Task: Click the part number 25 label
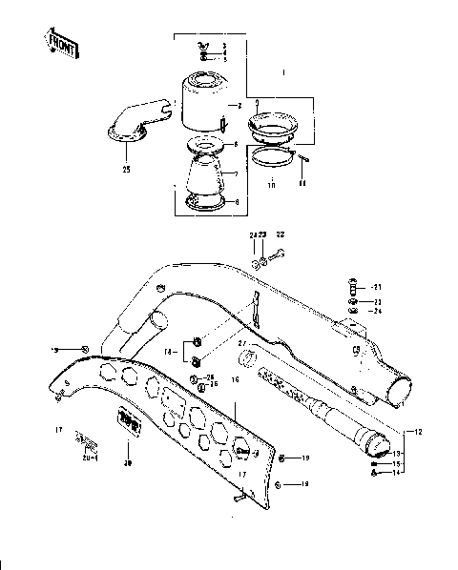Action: click(126, 169)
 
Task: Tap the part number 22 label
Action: click(280, 234)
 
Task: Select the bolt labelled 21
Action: click(354, 287)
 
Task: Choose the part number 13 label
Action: click(397, 455)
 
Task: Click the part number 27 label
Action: click(241, 343)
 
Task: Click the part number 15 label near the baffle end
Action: click(397, 464)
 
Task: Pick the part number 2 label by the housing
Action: click(239, 105)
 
